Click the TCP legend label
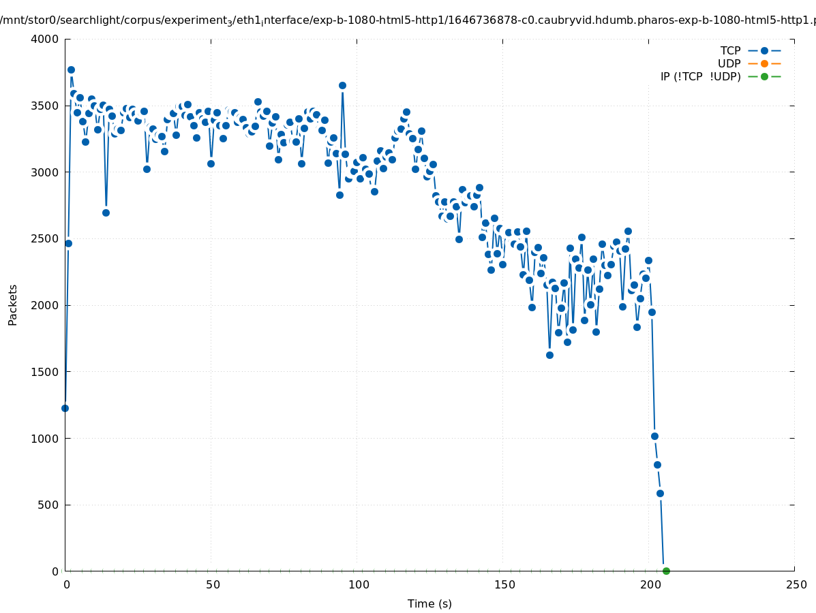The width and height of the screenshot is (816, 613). [730, 50]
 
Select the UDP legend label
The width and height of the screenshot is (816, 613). [729, 63]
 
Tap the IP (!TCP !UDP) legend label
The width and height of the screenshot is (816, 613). [700, 76]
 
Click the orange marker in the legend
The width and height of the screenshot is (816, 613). [764, 63]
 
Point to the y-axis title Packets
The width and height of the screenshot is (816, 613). [13, 304]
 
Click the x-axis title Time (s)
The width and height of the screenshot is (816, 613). [429, 603]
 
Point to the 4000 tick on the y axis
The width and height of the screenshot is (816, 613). [44, 39]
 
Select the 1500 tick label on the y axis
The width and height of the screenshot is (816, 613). [44, 372]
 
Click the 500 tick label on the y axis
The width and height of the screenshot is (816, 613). [47, 505]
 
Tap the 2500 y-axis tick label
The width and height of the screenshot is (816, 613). [44, 238]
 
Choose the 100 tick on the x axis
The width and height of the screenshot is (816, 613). [357, 584]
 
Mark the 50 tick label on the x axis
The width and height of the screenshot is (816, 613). [213, 584]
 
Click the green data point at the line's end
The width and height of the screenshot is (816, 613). [666, 571]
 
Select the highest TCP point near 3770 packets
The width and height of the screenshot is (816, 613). [71, 69]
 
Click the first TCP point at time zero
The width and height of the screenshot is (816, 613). [65, 408]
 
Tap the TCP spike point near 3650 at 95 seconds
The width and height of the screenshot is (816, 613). [342, 85]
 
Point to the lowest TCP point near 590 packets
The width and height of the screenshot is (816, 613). [660, 493]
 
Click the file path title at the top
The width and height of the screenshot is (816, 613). [408, 20]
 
